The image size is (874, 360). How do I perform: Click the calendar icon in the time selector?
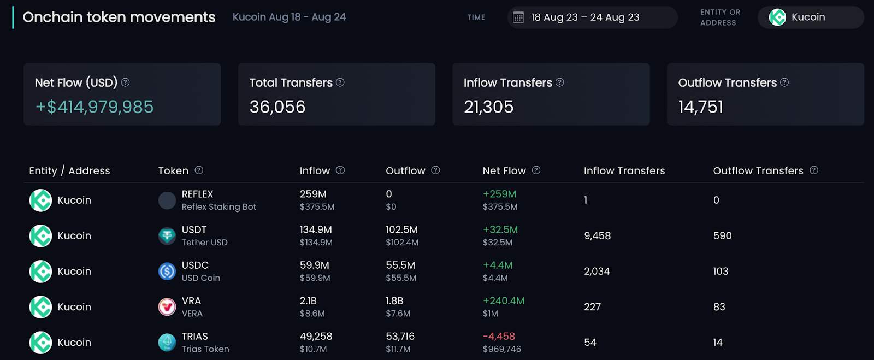(518, 17)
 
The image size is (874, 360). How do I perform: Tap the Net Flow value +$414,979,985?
(95, 107)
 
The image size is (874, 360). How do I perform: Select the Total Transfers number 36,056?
(277, 107)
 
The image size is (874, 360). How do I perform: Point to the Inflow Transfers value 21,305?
(488, 107)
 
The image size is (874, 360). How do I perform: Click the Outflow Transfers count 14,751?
(701, 107)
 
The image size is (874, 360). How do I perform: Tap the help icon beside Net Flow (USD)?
(125, 82)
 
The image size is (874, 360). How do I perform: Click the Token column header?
(173, 171)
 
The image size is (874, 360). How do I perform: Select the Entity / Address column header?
(69, 171)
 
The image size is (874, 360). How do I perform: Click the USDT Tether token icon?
(167, 236)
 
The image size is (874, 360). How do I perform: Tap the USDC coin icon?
(167, 272)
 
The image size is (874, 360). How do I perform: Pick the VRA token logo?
(167, 307)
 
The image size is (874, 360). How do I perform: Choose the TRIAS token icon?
(167, 343)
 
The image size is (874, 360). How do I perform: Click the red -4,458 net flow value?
(499, 336)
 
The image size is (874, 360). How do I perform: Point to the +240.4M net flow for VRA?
(504, 300)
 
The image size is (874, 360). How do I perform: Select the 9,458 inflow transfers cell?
(598, 236)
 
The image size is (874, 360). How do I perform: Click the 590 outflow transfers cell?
(722, 236)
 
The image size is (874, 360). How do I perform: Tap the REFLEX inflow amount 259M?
(314, 194)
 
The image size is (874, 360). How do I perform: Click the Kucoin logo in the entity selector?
(777, 17)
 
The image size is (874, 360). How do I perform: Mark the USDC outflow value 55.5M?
(400, 265)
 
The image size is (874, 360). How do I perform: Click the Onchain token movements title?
(119, 17)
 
